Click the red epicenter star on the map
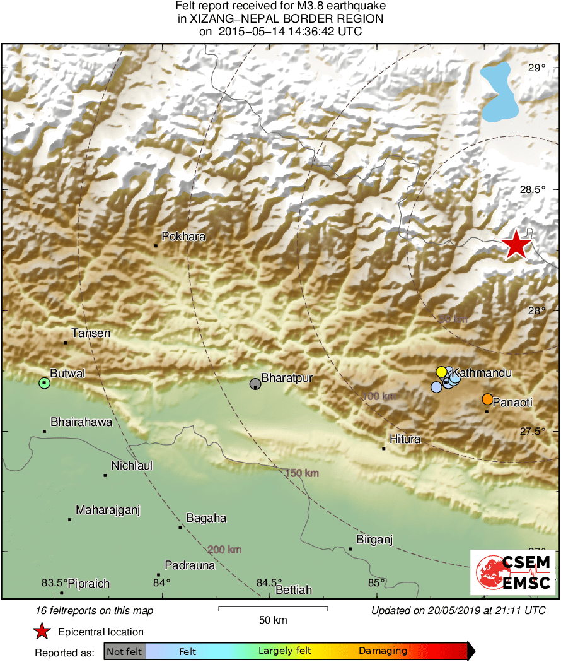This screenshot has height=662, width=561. [516, 244]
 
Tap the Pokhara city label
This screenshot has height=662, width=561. [183, 237]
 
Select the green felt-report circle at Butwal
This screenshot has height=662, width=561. [44, 382]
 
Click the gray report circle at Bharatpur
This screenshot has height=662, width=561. [255, 384]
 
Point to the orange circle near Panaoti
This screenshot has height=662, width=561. [487, 399]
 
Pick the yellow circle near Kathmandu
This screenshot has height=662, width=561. [441, 371]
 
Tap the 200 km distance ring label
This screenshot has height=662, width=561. [224, 550]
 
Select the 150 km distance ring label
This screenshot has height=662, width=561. [301, 473]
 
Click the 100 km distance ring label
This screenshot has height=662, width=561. [379, 396]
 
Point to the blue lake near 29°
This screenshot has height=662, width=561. [502, 92]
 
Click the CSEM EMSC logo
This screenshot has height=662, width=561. [512, 572]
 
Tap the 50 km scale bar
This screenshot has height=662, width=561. [273, 608]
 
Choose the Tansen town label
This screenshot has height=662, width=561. [91, 333]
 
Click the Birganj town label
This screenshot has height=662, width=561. [374, 540]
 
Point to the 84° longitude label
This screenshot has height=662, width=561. [162, 582]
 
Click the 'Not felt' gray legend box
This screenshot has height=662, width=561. [124, 651]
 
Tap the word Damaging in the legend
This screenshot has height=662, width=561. [383, 651]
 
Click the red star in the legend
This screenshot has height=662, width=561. [42, 632]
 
